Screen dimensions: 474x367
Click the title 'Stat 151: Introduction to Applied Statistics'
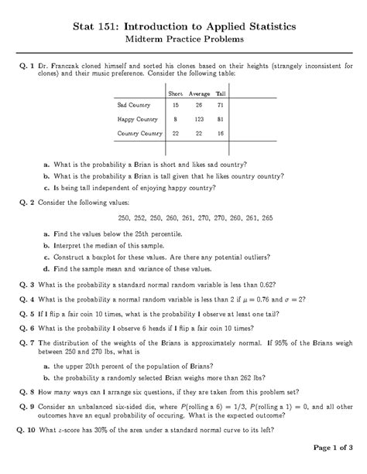coord(183,26)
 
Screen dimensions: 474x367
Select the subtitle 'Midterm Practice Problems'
coord(183,38)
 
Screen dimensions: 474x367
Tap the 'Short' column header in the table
coord(176,94)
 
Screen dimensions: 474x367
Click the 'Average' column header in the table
coord(199,94)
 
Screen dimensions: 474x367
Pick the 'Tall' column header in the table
coord(221,94)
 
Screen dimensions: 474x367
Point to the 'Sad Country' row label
coord(132,104)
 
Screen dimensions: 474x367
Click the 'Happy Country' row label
coord(136,119)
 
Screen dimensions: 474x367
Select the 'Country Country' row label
coord(139,134)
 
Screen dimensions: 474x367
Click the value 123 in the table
coord(199,119)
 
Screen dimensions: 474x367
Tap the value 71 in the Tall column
coord(221,104)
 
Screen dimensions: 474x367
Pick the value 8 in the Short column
coord(176,119)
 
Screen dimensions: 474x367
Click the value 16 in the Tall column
coord(221,134)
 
